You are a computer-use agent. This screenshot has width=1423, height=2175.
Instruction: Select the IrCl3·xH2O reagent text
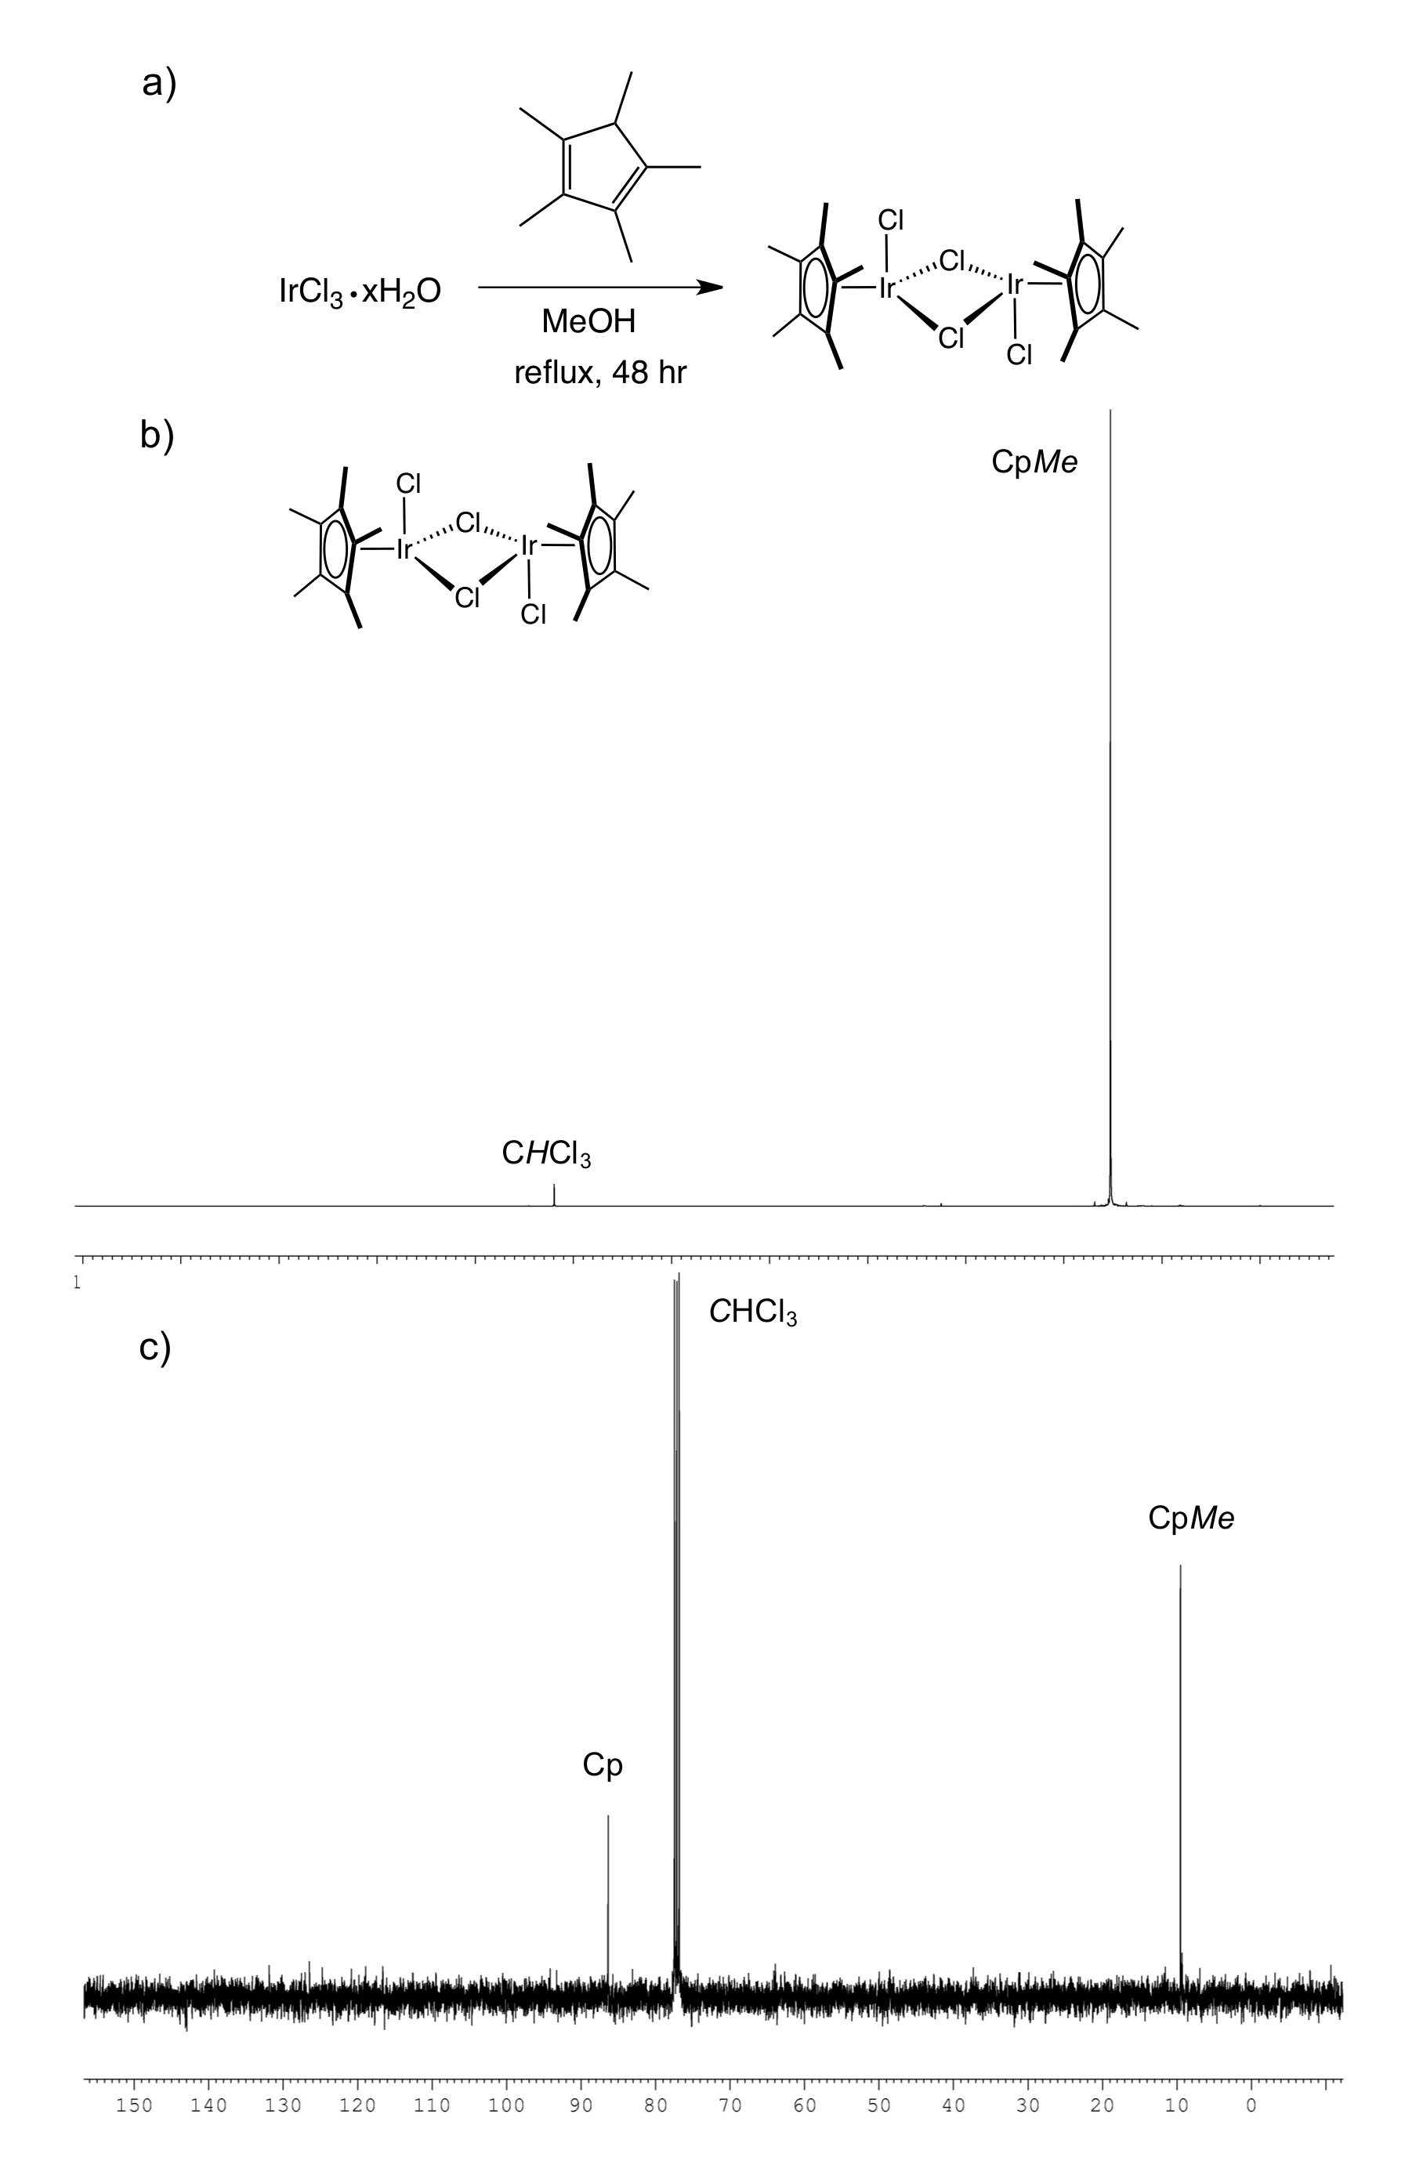click(359, 291)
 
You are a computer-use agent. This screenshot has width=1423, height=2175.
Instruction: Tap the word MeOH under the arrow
click(588, 322)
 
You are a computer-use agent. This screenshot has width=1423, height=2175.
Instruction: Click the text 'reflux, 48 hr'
click(599, 373)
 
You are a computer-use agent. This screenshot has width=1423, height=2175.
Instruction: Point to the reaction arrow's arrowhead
click(709, 288)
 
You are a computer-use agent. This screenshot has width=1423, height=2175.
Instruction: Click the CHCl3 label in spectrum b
click(545, 1154)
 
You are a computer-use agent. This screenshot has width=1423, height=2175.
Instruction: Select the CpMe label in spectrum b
click(1034, 462)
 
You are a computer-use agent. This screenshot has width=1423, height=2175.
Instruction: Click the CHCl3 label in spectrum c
click(752, 1313)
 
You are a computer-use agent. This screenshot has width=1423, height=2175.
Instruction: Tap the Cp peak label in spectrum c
click(603, 1764)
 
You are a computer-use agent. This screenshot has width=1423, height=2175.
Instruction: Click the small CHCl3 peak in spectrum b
click(554, 1194)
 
